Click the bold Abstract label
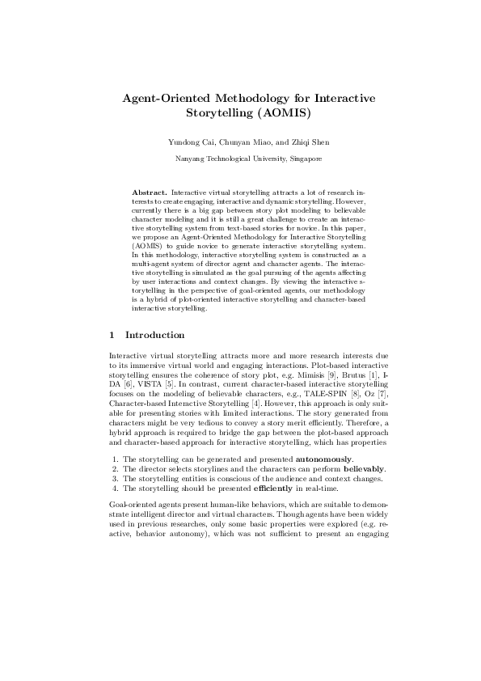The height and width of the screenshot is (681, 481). click(x=149, y=193)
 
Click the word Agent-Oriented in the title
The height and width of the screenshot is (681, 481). click(x=163, y=98)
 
